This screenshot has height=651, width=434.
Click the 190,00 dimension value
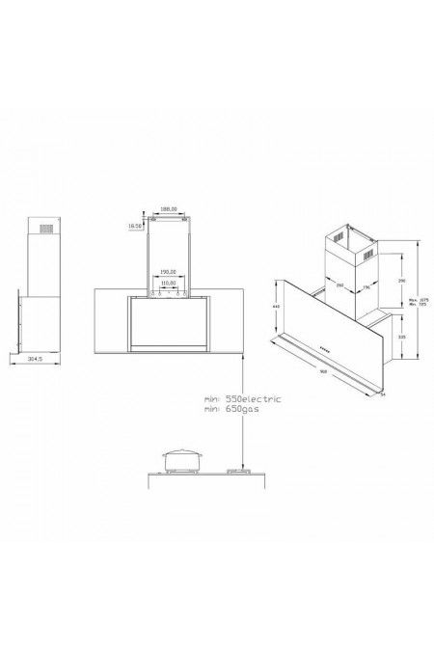tap(168, 271)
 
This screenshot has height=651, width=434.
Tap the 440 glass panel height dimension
tap(277, 306)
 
